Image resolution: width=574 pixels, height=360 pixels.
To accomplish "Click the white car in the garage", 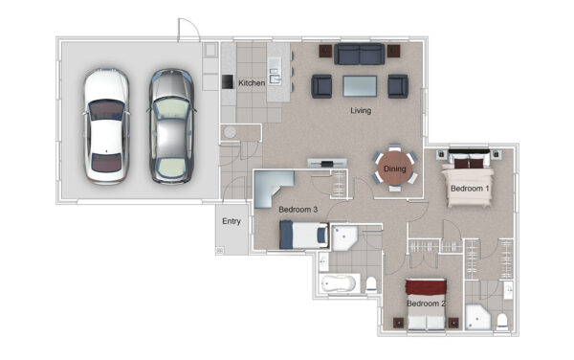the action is point(106,125).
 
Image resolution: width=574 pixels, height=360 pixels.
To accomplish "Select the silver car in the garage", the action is point(171,126).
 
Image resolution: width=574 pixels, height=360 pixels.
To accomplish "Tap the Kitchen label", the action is point(252,83).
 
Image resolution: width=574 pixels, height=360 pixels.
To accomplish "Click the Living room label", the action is point(361,110).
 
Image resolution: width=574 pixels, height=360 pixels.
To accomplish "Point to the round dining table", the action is point(394,169).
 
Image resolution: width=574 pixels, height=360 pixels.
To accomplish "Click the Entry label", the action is point(232,221).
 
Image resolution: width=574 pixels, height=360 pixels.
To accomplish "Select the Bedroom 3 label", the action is point(298,210).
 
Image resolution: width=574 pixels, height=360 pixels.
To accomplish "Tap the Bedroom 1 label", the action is point(470,189).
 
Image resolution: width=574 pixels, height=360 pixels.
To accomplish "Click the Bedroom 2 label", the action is point(426,304).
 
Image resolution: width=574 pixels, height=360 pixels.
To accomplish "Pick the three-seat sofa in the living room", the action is point(359,54).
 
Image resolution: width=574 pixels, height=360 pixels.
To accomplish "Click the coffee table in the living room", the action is point(360,86).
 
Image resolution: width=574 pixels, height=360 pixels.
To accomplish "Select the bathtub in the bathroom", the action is point(338,283).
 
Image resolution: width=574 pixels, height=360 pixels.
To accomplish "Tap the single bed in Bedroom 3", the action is point(304,235).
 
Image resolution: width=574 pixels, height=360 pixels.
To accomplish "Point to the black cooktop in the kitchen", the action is point(228,81).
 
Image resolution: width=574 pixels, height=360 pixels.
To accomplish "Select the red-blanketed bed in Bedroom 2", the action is point(426,304).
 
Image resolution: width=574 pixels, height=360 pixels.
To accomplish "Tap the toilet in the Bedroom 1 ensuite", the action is point(502,321).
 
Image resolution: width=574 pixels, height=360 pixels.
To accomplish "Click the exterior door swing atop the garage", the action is point(188,29).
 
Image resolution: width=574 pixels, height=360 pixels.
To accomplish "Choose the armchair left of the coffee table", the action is point(321,86).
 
